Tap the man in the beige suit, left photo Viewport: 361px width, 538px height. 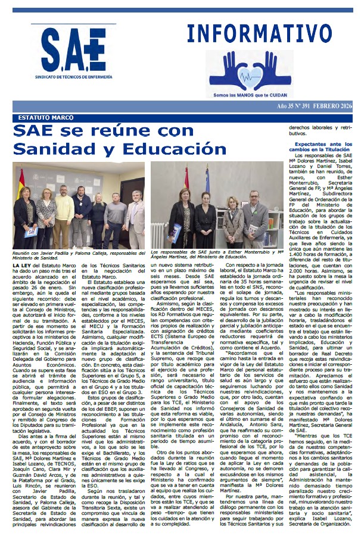click(x=135, y=217)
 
